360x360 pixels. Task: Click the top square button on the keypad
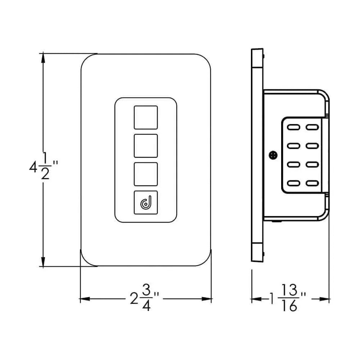click(x=145, y=117)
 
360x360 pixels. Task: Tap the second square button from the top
click(x=145, y=146)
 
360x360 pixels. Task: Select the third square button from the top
click(x=145, y=174)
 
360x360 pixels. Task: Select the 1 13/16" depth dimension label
click(x=288, y=298)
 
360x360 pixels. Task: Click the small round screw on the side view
click(x=273, y=155)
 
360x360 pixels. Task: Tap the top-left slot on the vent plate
click(x=293, y=127)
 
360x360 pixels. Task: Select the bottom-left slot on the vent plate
click(x=293, y=183)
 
